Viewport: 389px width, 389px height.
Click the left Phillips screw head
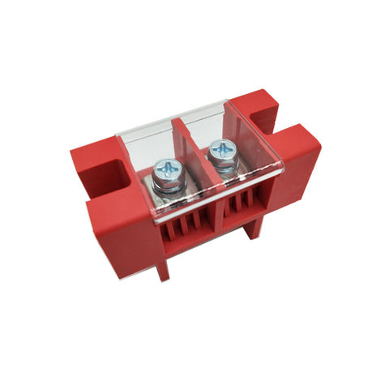(x=168, y=169)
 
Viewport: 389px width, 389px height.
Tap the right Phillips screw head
(x=220, y=151)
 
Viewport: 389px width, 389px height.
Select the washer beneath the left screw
(x=169, y=186)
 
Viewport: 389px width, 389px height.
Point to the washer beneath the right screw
(x=221, y=167)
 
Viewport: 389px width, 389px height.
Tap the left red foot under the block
(x=163, y=268)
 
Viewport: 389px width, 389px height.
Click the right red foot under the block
(x=254, y=229)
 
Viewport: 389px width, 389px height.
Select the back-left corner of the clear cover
(x=120, y=139)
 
